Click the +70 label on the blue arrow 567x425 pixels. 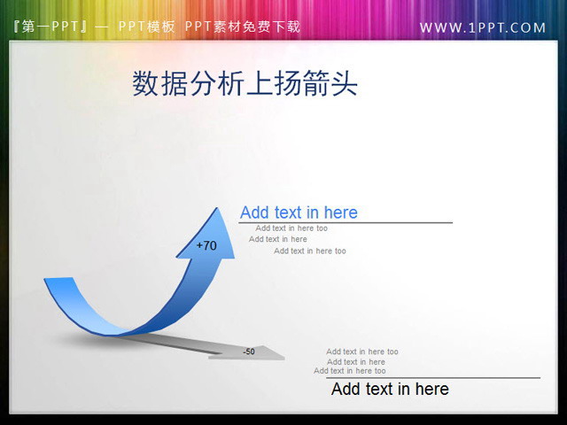pyautogui.click(x=206, y=245)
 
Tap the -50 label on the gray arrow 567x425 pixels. pyautogui.click(x=249, y=352)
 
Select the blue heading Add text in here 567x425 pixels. pyautogui.click(x=299, y=212)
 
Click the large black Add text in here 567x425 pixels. pyautogui.click(x=390, y=389)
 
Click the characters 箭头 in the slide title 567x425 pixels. pyautogui.click(x=329, y=83)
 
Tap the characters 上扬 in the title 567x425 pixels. pyautogui.click(x=272, y=83)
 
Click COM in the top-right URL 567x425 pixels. pyautogui.click(x=528, y=27)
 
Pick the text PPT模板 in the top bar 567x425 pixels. pyautogui.click(x=146, y=27)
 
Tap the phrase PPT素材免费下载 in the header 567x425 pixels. pyautogui.click(x=243, y=27)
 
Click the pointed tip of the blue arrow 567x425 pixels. pyautogui.click(x=216, y=209)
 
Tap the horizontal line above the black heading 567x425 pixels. pyautogui.click(x=434, y=378)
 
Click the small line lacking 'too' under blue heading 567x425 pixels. pyautogui.click(x=278, y=239)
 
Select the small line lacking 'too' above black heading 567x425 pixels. pyautogui.click(x=355, y=361)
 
